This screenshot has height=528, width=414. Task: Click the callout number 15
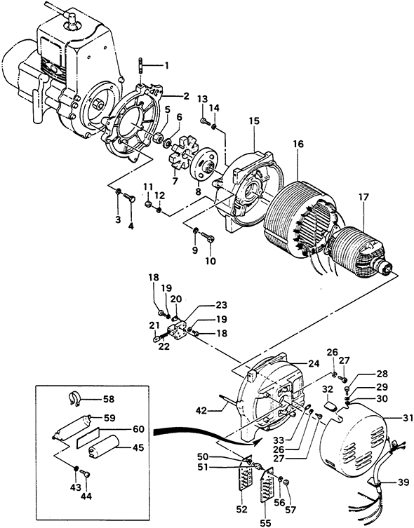tap(254, 121)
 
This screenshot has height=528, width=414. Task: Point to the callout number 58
tap(109, 400)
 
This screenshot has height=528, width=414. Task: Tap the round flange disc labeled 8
tap(203, 167)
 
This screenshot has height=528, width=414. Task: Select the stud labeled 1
tap(140, 67)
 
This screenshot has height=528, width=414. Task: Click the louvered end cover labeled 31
tap(352, 441)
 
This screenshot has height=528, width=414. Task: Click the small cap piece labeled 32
tap(331, 407)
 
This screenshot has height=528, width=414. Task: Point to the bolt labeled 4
tap(128, 197)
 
